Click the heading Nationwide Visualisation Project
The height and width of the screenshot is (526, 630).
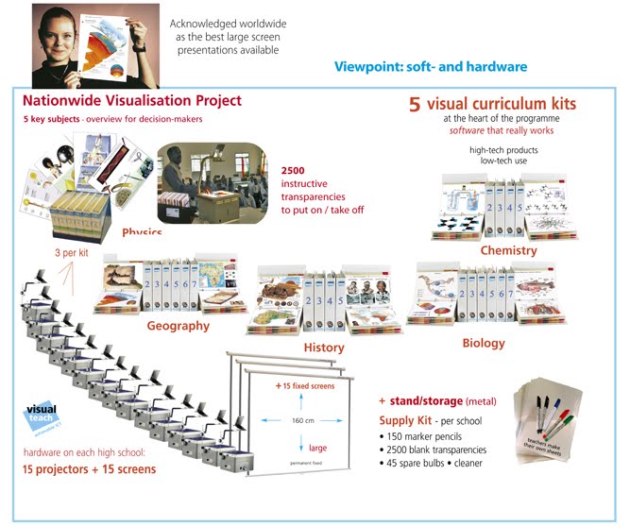(x=132, y=100)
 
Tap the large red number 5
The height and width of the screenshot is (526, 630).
(x=415, y=105)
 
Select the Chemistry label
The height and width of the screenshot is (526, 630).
(x=508, y=251)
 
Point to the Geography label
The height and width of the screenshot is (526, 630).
(x=178, y=326)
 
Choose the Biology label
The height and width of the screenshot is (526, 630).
(x=484, y=343)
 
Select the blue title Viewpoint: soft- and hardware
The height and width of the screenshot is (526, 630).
(x=431, y=67)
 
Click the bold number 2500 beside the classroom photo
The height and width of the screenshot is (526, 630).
(x=293, y=169)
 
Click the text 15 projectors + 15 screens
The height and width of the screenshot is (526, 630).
(x=90, y=468)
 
